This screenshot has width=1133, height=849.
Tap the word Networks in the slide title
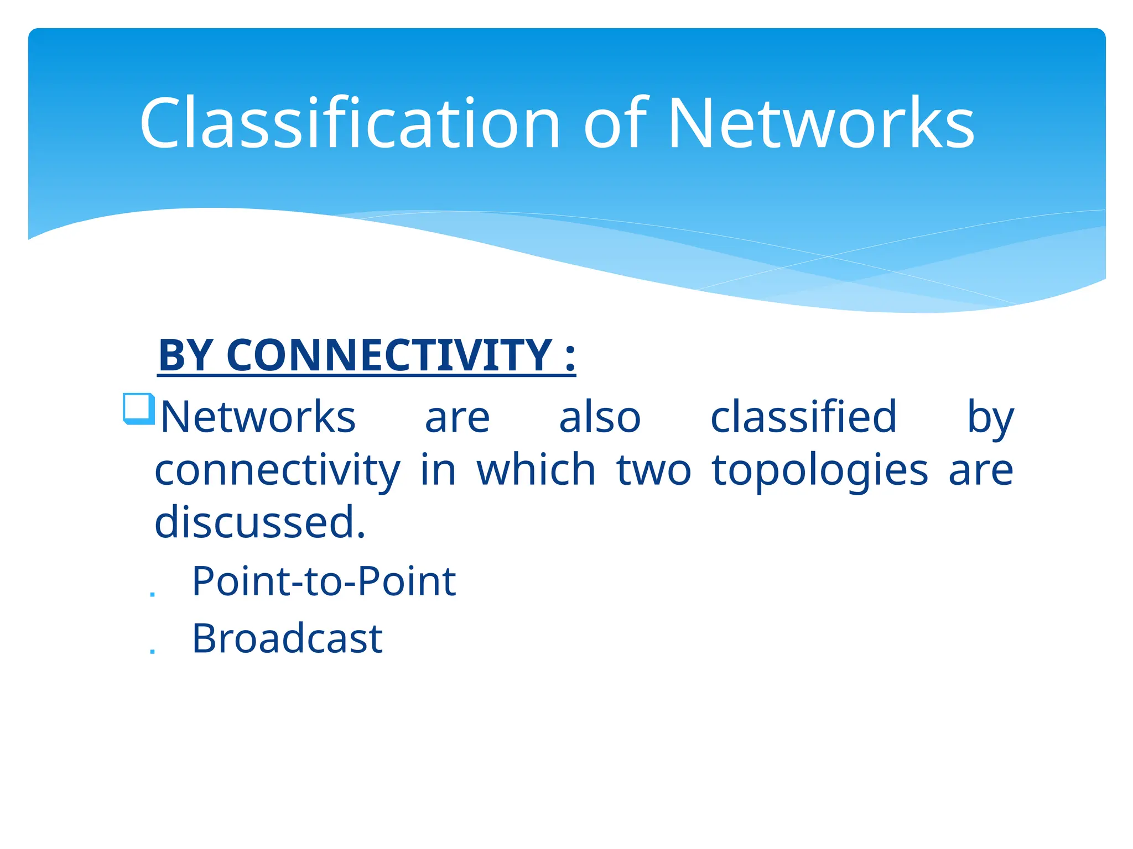pos(821,123)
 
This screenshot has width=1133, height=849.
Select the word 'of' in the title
pos(615,123)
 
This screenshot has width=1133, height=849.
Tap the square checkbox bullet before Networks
pos(138,409)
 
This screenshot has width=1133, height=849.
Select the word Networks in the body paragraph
pos(258,417)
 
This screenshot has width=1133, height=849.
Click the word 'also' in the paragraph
pos(600,417)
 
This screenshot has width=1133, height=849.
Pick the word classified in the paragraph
pos(803,417)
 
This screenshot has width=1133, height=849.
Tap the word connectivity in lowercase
pos(277,470)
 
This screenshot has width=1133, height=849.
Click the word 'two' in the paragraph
pos(654,470)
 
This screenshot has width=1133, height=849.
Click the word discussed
pos(259,522)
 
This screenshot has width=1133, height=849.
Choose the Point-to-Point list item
pos(324,581)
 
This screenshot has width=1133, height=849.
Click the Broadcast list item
pos(287,639)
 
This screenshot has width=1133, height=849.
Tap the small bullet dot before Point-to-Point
pos(153,594)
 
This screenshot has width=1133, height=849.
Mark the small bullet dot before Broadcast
pos(153,652)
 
